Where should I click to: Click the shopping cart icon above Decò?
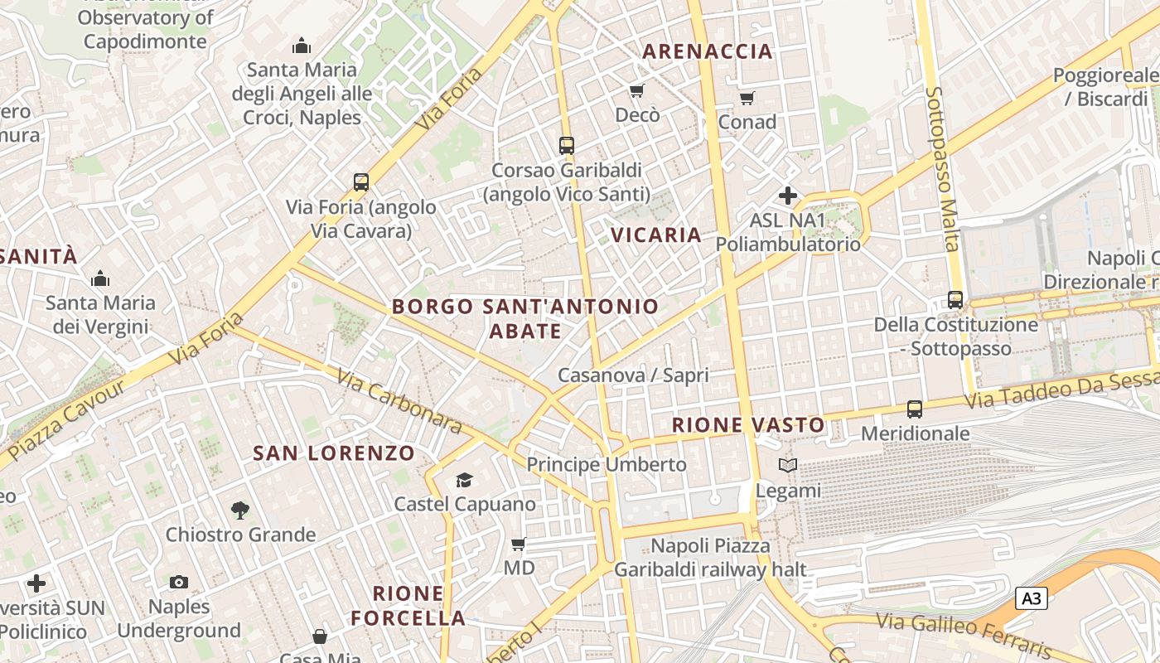coord(636,90)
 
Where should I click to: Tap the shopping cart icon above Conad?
coord(747,99)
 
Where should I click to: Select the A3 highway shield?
coord(1031,598)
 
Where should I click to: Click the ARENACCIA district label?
coord(707,51)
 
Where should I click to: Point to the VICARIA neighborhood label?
coord(656,235)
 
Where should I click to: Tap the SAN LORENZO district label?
coord(333,453)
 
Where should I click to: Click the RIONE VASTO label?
coord(748,425)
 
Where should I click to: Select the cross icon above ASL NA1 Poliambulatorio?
coord(787,196)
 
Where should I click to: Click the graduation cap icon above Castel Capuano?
coord(464,481)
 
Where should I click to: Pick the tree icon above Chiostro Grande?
coord(240,511)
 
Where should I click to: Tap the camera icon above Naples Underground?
coord(179,583)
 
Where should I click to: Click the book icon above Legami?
coord(788,466)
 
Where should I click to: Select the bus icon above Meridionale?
coord(915,409)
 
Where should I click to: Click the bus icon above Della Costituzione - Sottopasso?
coord(955,299)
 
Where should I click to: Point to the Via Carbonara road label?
coord(399,400)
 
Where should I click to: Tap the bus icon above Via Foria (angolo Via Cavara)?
coord(360,182)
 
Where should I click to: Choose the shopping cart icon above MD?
coord(519,544)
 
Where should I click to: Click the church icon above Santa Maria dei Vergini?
coord(100,278)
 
